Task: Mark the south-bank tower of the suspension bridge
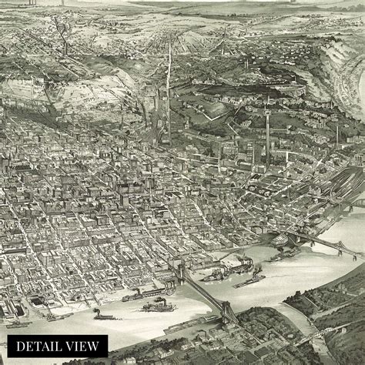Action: click(228, 309)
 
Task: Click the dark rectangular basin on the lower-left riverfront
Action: click(36, 303)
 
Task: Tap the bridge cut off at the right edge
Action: click(357, 204)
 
